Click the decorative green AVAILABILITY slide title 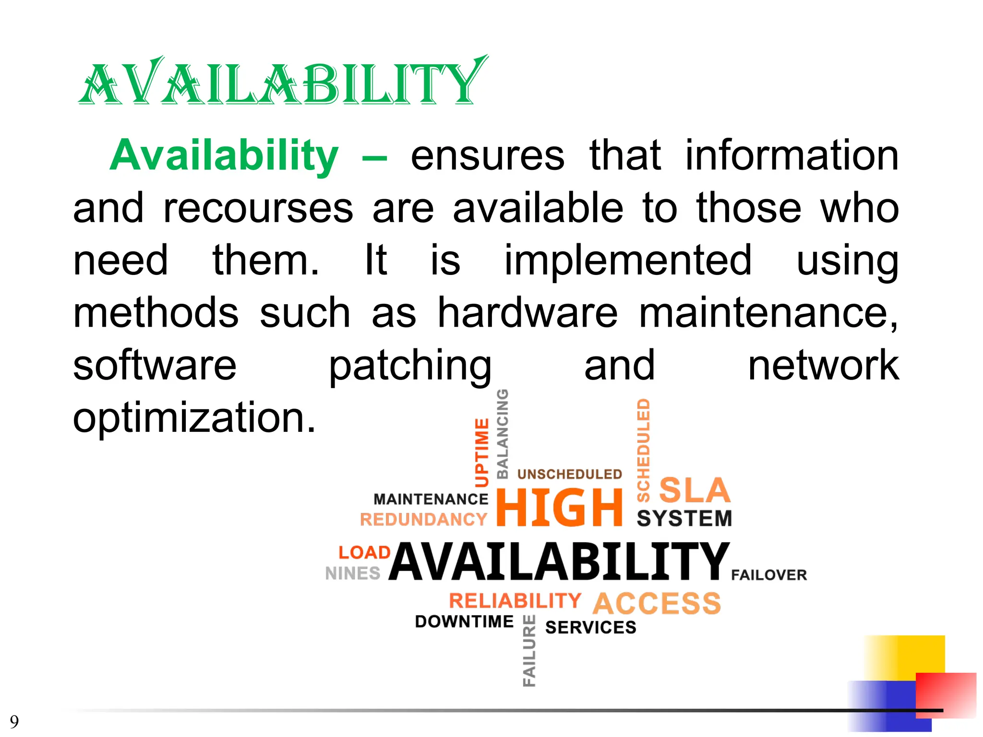[283, 82]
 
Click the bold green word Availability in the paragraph [224, 155]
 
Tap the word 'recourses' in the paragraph [258, 208]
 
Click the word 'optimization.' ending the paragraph [194, 418]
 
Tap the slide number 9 [14, 721]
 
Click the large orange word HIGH [560, 508]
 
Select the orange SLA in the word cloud [695, 490]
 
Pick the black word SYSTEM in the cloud [684, 519]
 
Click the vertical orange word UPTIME [481, 452]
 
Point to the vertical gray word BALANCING [502, 434]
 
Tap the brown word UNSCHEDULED [570, 474]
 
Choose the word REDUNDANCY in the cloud [423, 520]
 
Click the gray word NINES [353, 573]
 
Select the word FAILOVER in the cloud [769, 575]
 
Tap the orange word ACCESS [657, 603]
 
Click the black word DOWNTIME [464, 621]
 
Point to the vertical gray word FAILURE [529, 651]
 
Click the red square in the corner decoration [946, 695]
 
